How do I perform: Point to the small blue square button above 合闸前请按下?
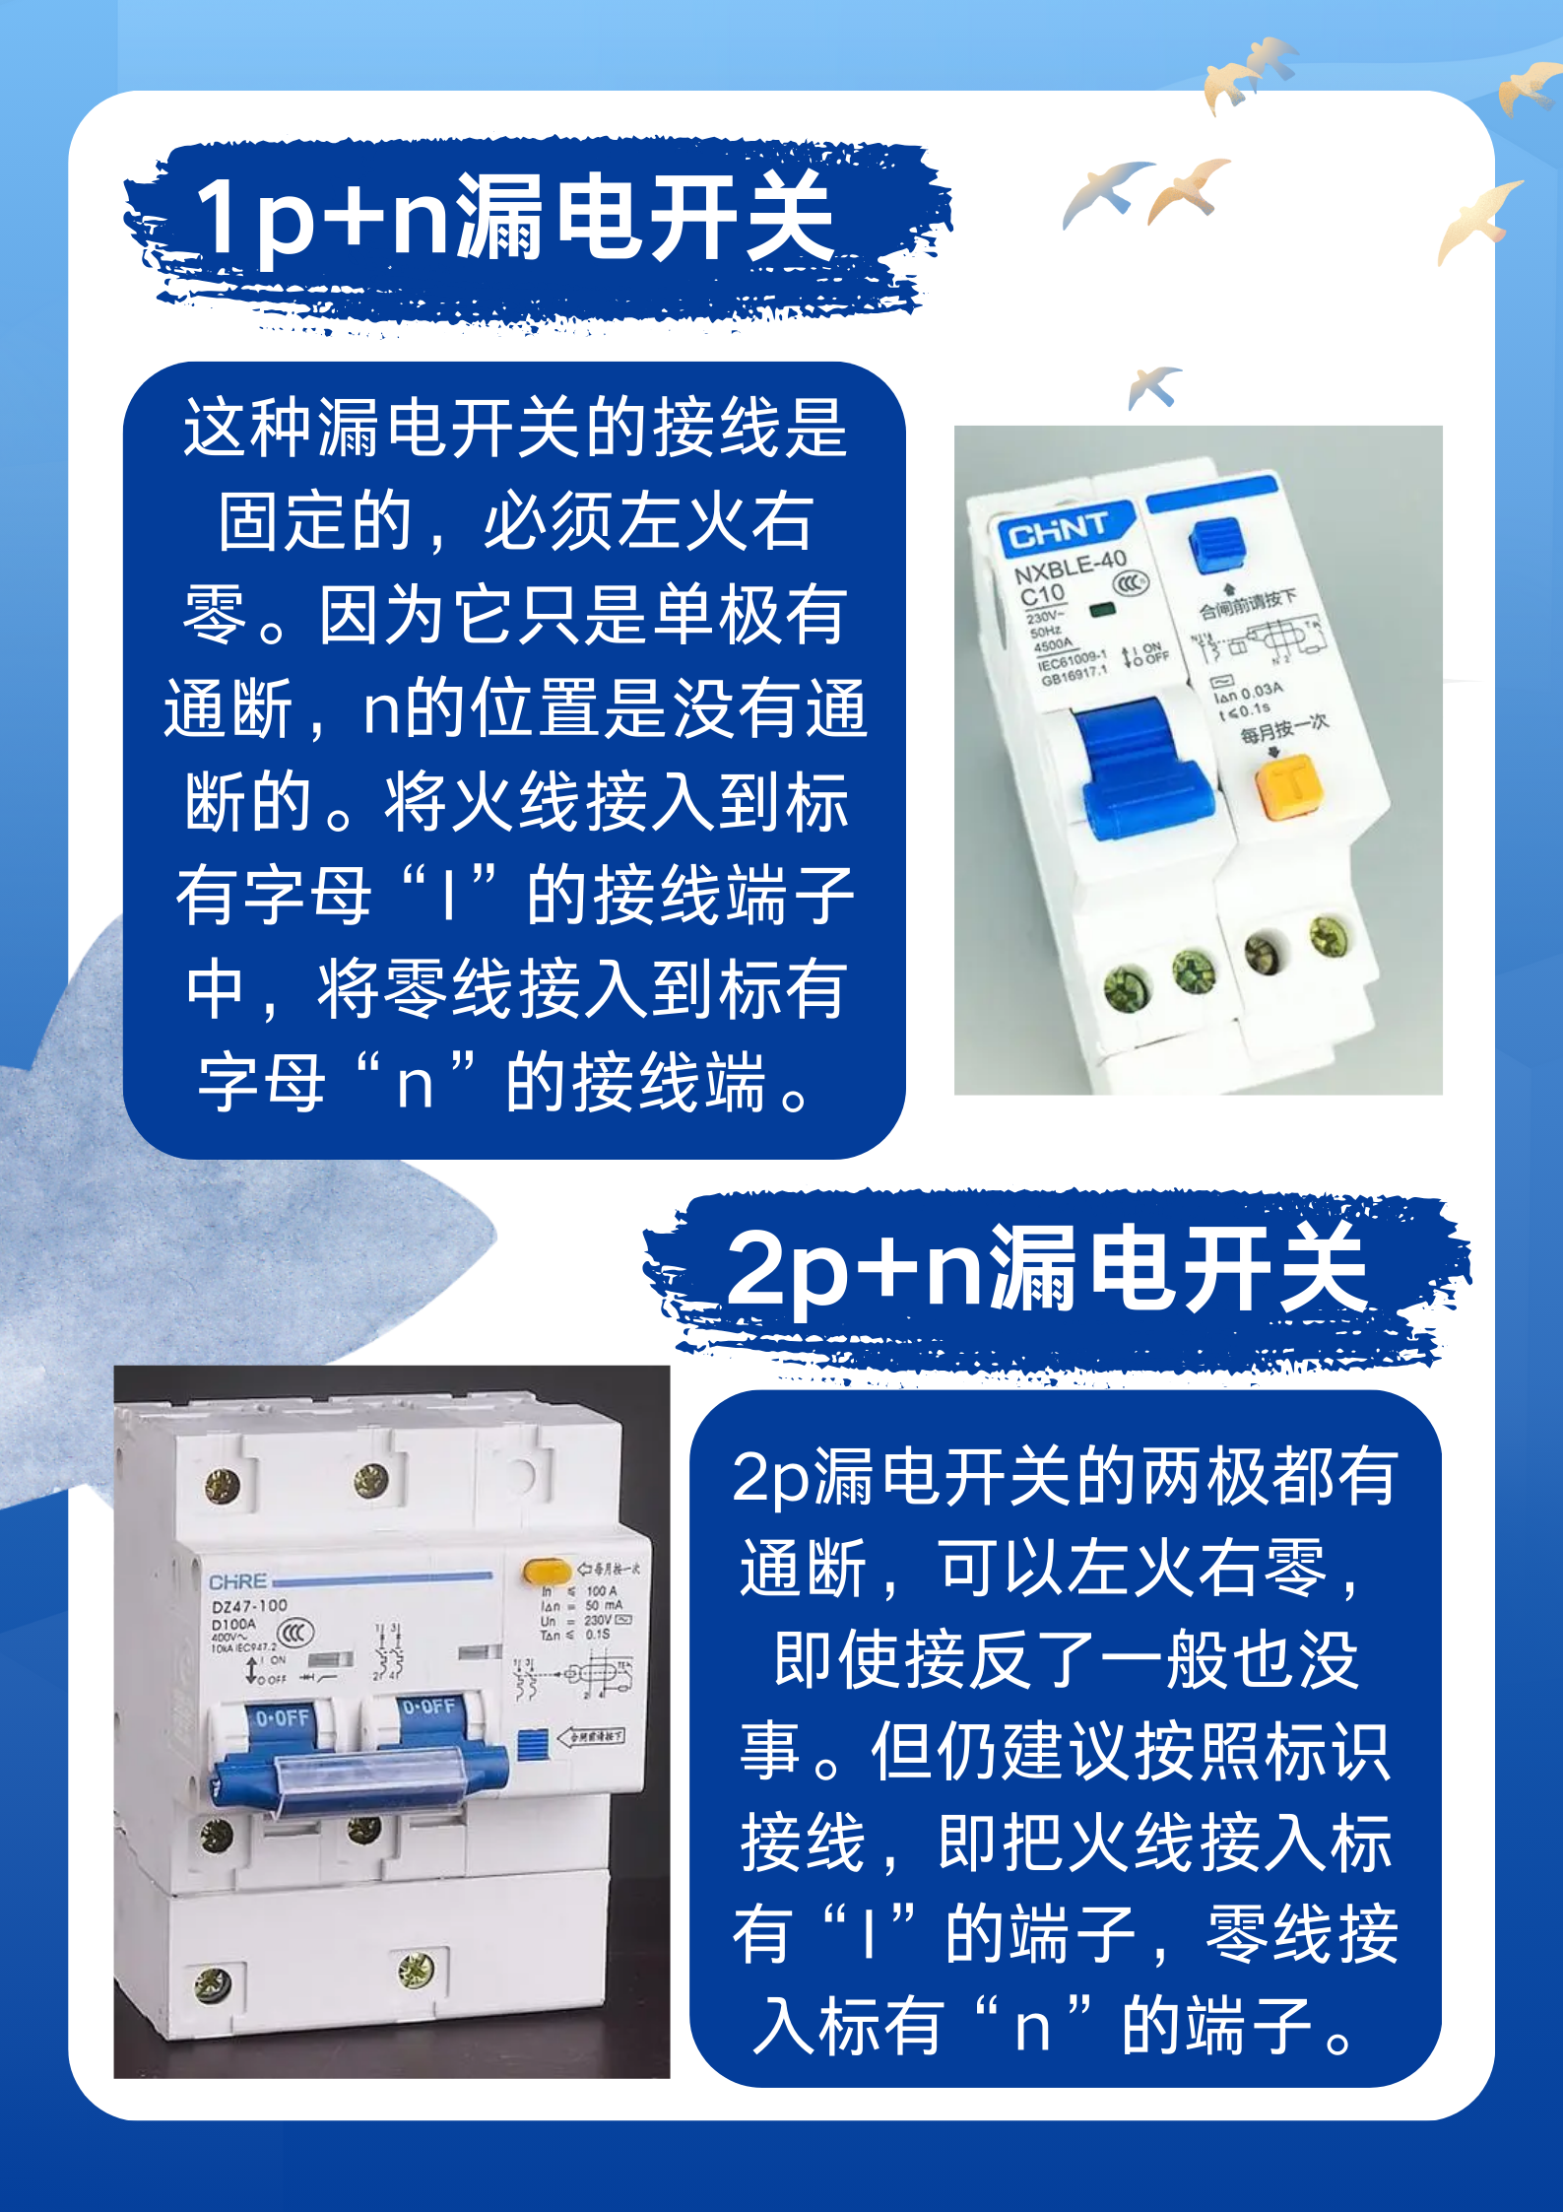1215,545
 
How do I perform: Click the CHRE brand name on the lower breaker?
238,1581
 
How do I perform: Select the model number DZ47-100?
249,1606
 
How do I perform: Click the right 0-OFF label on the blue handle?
428,1707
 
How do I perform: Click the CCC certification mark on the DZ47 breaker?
294,1634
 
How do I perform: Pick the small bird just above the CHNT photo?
1153,385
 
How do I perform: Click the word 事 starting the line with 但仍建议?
769,1753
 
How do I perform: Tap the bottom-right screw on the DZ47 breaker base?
416,1970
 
